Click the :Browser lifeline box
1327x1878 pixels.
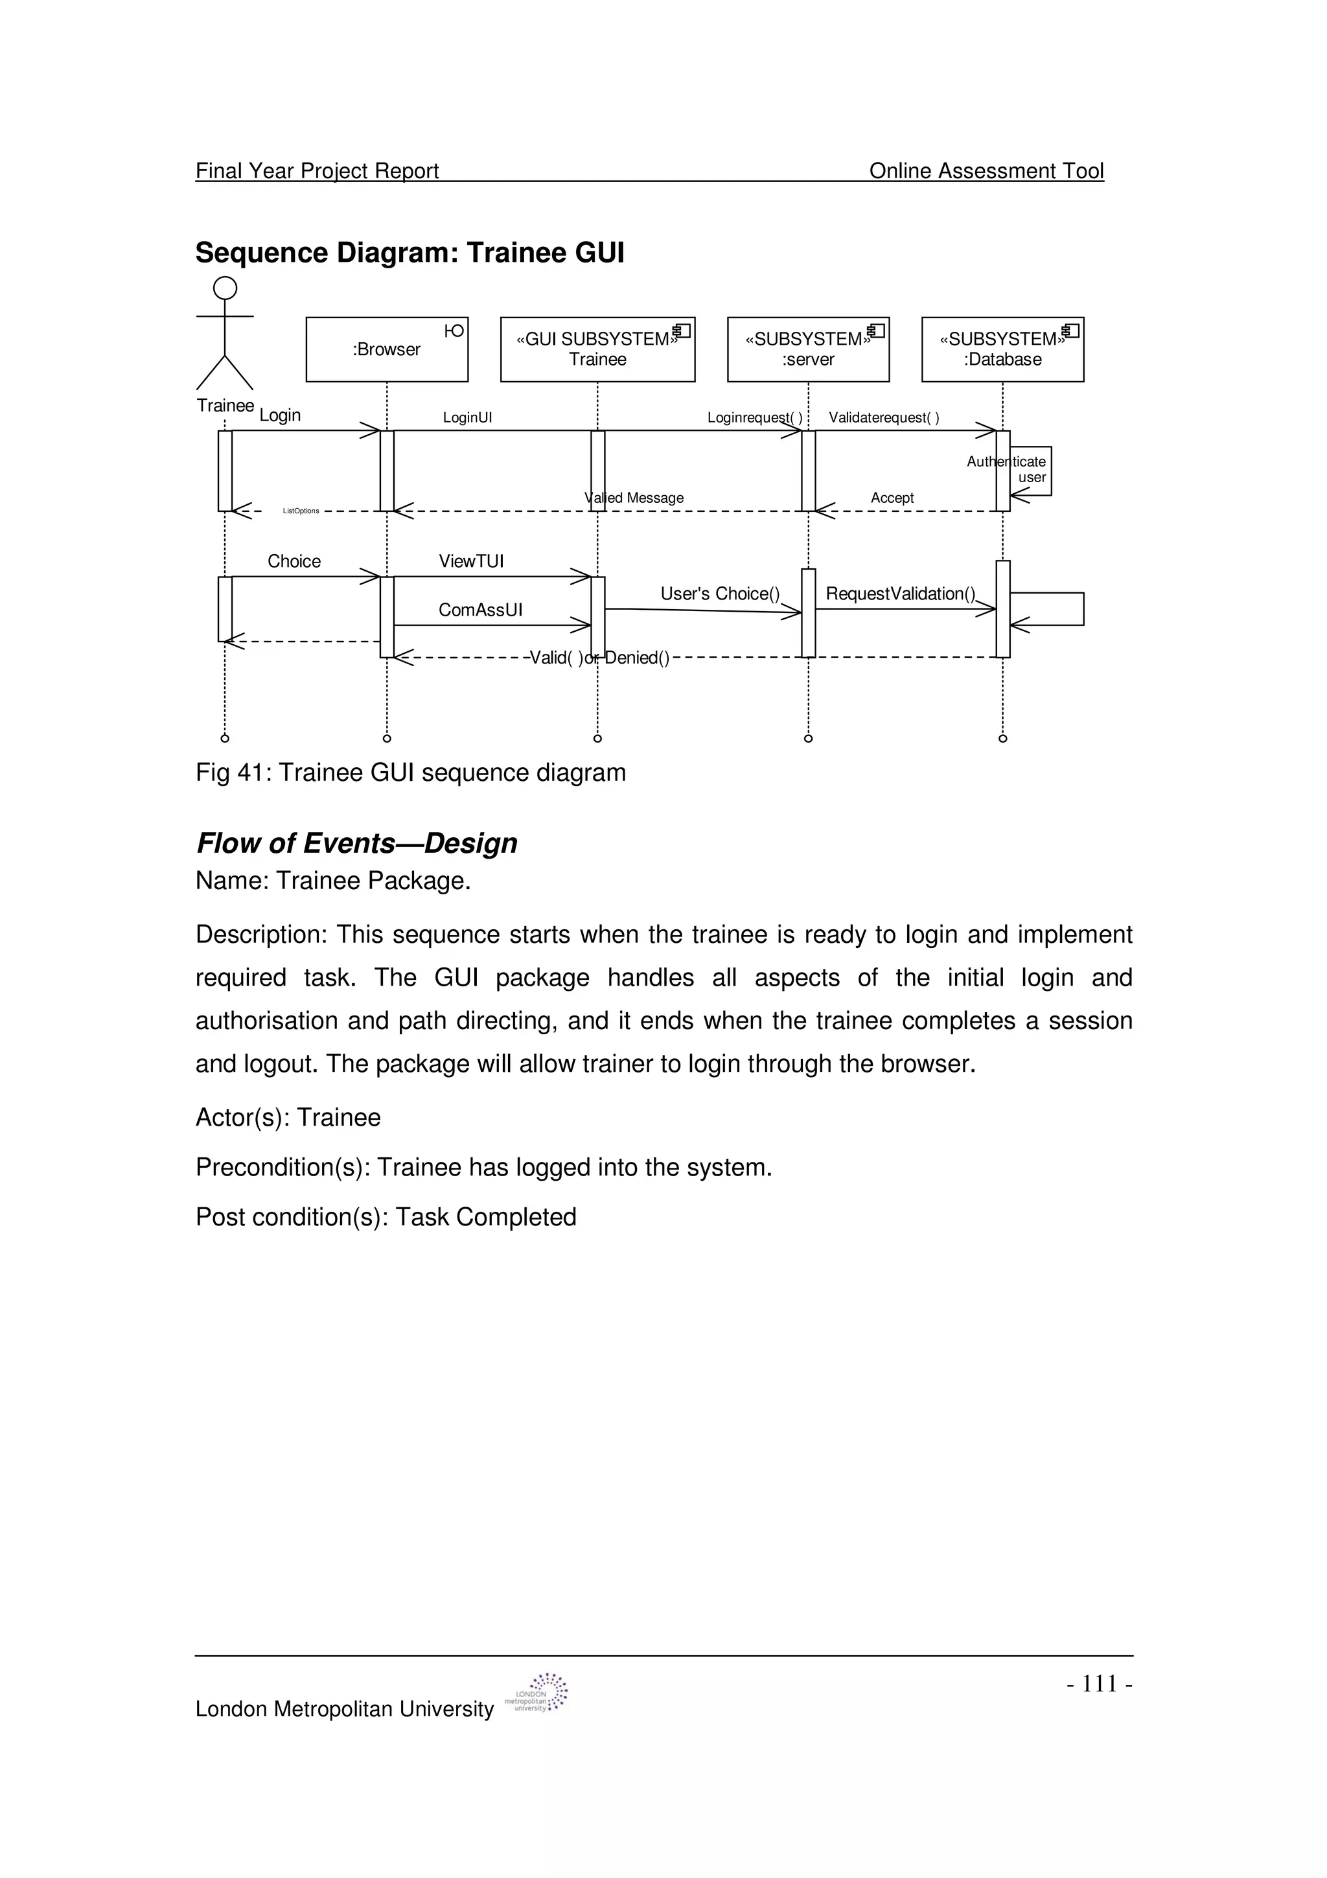click(x=387, y=349)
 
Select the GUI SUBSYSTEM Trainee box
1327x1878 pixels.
click(x=597, y=349)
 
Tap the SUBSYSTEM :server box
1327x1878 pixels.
click(x=808, y=349)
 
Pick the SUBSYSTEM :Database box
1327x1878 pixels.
click(x=1002, y=349)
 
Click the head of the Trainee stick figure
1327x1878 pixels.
click(x=225, y=288)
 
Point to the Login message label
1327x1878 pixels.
click(x=280, y=415)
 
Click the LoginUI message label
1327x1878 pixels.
click(x=467, y=418)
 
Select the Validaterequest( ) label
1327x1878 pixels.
click(x=884, y=418)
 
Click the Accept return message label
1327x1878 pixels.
click(x=892, y=498)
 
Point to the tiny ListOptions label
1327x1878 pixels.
click(x=301, y=511)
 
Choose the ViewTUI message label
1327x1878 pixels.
click(x=471, y=561)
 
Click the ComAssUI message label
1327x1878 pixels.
click(x=480, y=610)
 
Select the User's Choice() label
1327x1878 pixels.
click(x=719, y=594)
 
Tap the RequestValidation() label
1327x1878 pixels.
click(x=900, y=594)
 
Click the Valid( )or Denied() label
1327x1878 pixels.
click(x=599, y=658)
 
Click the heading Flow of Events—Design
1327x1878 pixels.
click(x=356, y=843)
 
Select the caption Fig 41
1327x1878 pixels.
click(x=410, y=773)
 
